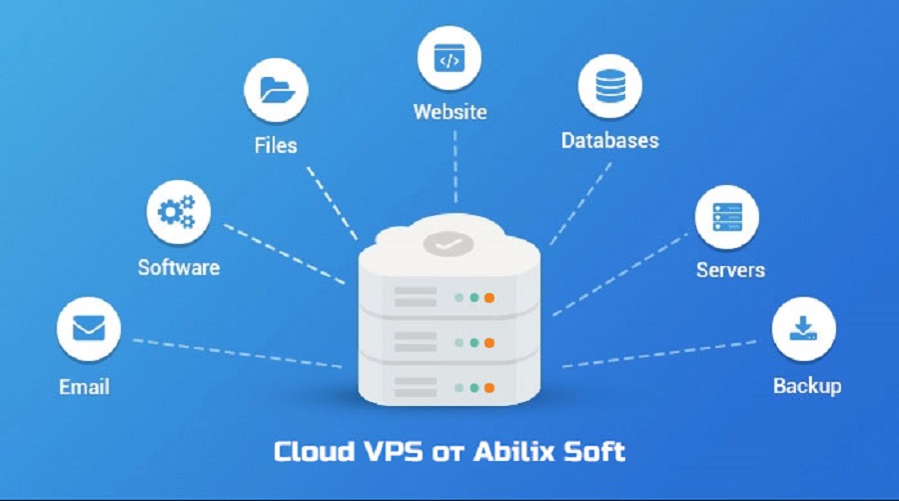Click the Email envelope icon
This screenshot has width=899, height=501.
tap(88, 328)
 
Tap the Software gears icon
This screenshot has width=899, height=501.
tap(178, 212)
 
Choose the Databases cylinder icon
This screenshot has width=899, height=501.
tap(608, 87)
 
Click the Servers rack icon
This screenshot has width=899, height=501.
tap(727, 217)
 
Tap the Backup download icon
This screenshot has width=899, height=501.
tap(804, 329)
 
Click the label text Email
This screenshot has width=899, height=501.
tap(85, 386)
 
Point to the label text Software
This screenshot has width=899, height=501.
tap(179, 267)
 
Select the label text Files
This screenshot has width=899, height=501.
tap(276, 146)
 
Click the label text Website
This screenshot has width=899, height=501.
tap(450, 111)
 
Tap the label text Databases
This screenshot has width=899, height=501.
tap(609, 140)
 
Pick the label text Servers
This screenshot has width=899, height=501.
tap(730, 270)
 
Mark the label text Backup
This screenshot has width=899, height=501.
tap(807, 385)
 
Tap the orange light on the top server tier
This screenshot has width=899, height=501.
tap(489, 297)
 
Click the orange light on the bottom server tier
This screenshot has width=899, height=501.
tap(489, 385)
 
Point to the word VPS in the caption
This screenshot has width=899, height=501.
tap(386, 451)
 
